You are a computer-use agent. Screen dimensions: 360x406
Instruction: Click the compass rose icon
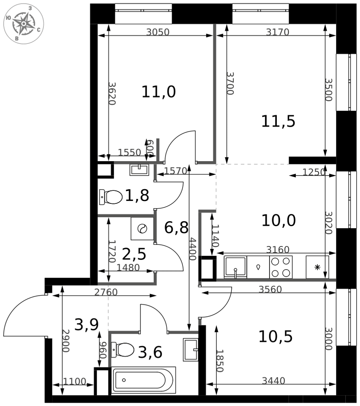(x=24, y=24)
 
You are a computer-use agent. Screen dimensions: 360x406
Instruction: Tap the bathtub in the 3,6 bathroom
(x=144, y=380)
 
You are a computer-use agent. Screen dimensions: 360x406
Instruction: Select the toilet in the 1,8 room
(x=111, y=197)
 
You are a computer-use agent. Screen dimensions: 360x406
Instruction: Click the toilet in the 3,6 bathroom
(x=123, y=350)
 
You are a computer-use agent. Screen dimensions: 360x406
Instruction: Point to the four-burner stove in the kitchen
(x=281, y=267)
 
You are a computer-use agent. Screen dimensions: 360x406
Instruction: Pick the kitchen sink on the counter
(x=235, y=267)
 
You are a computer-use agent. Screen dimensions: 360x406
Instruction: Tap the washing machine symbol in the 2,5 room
(x=142, y=229)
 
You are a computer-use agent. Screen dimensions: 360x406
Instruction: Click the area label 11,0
(x=159, y=92)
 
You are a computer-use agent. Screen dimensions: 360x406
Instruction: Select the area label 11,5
(x=278, y=121)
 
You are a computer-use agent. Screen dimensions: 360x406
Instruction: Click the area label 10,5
(x=276, y=337)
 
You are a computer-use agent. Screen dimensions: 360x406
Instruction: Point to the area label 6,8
(x=176, y=228)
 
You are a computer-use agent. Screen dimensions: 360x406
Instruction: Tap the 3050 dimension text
(x=158, y=32)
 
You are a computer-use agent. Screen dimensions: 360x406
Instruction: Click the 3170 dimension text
(x=278, y=32)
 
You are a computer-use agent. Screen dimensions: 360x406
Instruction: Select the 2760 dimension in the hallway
(x=106, y=292)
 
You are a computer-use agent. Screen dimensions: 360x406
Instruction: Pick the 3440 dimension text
(x=274, y=381)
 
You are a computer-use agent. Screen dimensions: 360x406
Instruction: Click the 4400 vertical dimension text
(x=193, y=249)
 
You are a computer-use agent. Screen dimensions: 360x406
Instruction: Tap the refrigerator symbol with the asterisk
(x=317, y=267)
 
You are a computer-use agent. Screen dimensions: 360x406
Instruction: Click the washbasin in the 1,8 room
(x=140, y=170)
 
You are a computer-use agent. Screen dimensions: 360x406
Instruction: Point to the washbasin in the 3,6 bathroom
(x=190, y=350)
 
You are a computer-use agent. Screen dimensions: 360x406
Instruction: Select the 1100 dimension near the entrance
(x=75, y=381)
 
